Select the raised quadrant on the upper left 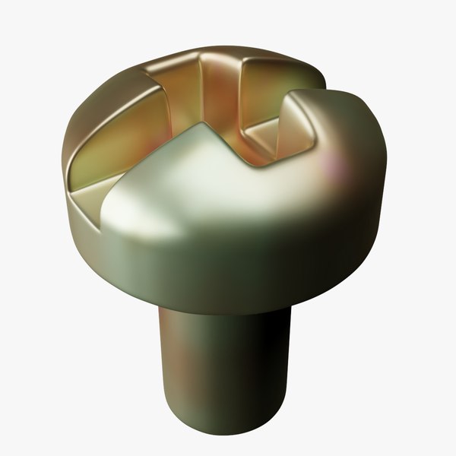[x=106, y=114]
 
